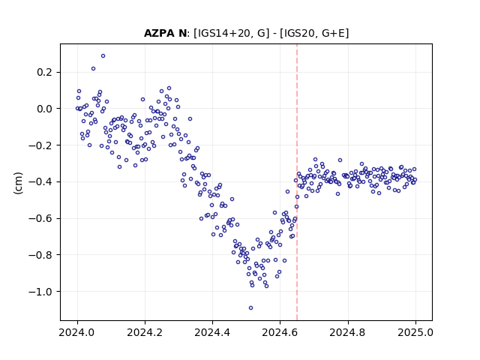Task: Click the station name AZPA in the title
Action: point(160,33)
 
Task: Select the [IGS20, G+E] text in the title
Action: point(314,33)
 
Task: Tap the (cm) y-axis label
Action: point(18,183)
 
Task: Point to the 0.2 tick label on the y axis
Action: point(44,72)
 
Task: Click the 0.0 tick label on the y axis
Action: point(44,109)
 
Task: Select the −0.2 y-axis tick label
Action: point(40,145)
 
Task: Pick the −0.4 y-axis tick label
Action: point(40,181)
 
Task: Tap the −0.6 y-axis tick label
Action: point(40,218)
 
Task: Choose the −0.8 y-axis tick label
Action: point(40,255)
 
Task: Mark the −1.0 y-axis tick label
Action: point(40,292)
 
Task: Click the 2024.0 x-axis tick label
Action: point(77,332)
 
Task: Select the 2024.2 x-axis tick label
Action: point(145,332)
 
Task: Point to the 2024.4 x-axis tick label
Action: point(212,332)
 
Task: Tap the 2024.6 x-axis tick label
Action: point(280,332)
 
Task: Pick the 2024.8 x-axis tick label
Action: point(348,332)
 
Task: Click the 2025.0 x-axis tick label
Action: point(415,332)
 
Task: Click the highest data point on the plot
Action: point(103,56)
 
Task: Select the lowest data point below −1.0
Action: point(250,308)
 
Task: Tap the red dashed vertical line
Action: point(297,182)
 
